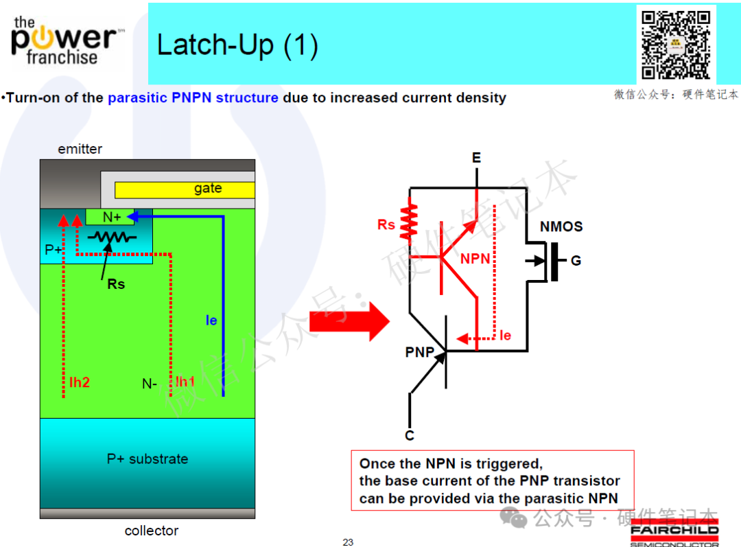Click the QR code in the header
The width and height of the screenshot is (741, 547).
point(676,45)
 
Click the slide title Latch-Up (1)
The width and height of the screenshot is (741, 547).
point(237,45)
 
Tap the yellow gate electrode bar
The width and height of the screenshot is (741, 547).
point(185,189)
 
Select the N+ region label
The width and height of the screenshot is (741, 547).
point(112,217)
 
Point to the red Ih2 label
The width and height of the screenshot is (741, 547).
point(80,382)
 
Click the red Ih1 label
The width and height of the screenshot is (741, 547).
point(185,382)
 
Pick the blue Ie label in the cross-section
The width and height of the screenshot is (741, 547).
point(211,321)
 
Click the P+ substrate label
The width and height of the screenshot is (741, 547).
point(148,459)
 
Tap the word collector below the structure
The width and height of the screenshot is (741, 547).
point(151,531)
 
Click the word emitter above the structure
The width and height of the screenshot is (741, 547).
point(80,149)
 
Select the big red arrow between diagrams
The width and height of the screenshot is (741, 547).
point(350,321)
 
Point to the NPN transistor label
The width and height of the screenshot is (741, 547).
point(475,259)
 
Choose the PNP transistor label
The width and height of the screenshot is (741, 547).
point(420,352)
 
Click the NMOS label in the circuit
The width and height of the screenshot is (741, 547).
point(561,226)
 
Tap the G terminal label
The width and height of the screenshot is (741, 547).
point(576,261)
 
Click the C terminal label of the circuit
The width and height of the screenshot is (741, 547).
point(410,435)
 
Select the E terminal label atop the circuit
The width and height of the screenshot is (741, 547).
point(476,157)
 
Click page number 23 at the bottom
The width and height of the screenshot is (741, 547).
point(348,542)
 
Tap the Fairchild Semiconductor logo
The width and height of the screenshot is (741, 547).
point(674,533)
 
